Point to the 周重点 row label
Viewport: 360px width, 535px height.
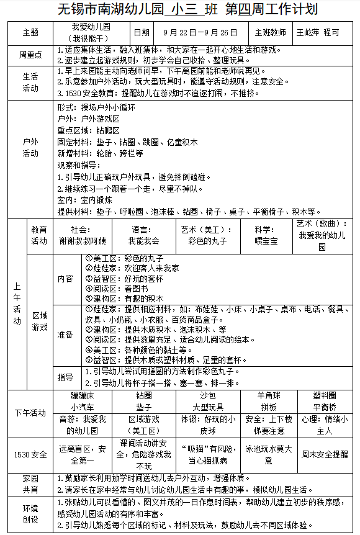pyautogui.click(x=30, y=55)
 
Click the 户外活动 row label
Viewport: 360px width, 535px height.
pyautogui.click(x=30, y=147)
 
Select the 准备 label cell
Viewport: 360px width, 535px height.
pyautogui.click(x=65, y=335)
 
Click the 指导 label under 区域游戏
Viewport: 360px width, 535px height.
pyautogui.click(x=65, y=377)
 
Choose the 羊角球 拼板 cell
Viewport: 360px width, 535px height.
pyautogui.click(x=268, y=401)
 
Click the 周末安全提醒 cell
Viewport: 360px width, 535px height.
pyautogui.click(x=324, y=454)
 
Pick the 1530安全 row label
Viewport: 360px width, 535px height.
pyautogui.click(x=30, y=455)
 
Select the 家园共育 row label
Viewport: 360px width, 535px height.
pyautogui.click(x=30, y=483)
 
